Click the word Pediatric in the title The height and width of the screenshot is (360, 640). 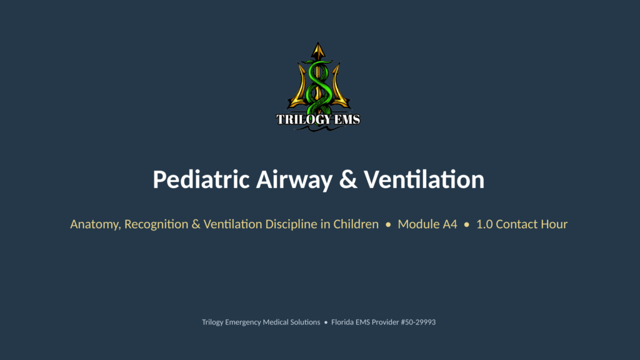201,179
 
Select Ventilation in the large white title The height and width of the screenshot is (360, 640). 424,179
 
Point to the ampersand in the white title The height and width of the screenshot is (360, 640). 348,179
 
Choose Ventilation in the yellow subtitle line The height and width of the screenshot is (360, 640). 232,224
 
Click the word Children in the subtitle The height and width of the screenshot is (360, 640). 356,224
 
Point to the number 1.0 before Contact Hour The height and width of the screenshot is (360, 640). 484,224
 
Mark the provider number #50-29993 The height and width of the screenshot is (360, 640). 418,322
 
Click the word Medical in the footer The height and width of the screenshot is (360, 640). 276,322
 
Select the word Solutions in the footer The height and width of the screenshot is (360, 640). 305,322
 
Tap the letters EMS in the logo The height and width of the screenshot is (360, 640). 347,119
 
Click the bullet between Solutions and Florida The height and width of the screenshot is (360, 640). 326,322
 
